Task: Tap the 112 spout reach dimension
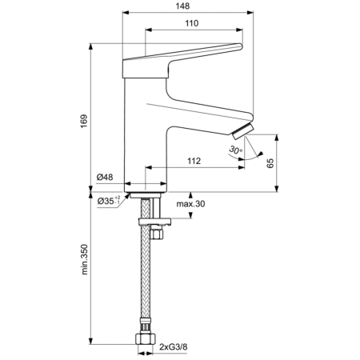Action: pos(193,162)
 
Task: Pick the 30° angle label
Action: pos(235,150)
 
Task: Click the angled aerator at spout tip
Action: pos(241,133)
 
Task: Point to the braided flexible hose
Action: pos(145,280)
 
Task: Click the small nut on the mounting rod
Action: pos(158,234)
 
